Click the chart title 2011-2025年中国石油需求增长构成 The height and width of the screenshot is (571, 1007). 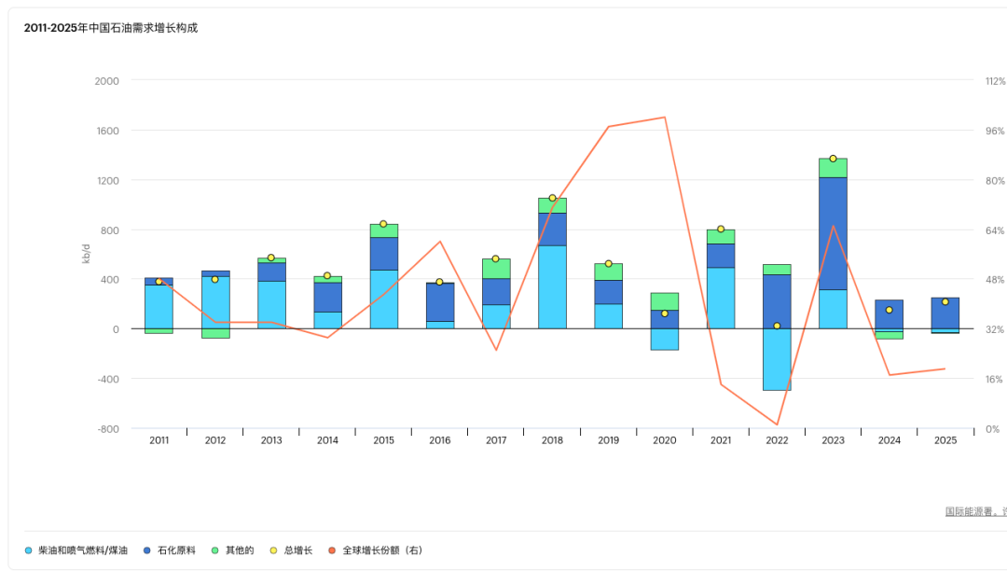tap(110, 28)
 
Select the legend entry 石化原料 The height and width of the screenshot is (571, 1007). tap(175, 550)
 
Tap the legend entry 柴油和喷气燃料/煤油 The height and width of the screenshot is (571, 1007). tap(82, 550)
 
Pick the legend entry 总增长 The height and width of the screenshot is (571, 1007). tap(297, 550)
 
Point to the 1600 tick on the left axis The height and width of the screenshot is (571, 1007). tap(107, 131)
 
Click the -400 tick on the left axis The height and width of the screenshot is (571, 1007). tap(107, 379)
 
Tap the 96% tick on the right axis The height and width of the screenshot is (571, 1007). tap(995, 131)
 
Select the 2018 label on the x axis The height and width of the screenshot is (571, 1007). tap(552, 440)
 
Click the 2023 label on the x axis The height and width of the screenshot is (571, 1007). tap(833, 440)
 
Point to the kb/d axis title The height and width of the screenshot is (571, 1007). tap(87, 254)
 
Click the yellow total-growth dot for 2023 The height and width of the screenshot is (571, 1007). tap(833, 159)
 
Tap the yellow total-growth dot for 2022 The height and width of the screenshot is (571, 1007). tap(777, 326)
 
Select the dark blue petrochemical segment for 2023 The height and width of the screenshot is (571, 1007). tap(833, 233)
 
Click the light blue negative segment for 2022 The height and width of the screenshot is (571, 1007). tap(777, 359)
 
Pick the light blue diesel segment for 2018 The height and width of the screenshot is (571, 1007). tap(552, 286)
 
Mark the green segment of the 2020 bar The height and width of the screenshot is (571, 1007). tap(665, 301)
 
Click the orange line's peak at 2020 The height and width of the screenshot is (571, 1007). tap(665, 118)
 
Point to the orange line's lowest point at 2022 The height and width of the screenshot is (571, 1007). tap(777, 425)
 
